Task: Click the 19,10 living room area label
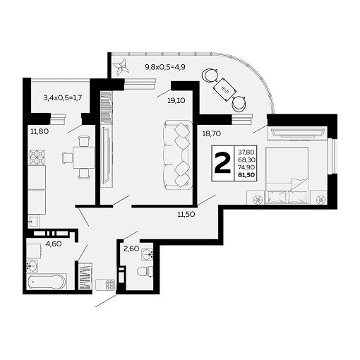coord(176,101)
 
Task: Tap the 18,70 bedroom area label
coord(212,134)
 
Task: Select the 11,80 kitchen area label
coord(40,131)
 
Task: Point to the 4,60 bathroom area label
coord(54,244)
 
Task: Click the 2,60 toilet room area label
coord(131,248)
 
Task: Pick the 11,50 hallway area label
coord(186,215)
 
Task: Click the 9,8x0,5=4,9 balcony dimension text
coord(165,67)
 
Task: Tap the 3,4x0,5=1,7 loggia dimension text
coord(63,97)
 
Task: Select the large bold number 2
coord(222,163)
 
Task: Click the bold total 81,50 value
coord(246,175)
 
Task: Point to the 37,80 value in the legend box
coord(246,152)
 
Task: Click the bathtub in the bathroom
coord(47,282)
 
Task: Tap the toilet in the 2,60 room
coord(145,271)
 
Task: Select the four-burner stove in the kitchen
coord(37,157)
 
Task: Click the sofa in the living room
coord(177,155)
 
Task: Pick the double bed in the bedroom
coord(287,175)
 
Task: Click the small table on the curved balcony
coord(224,90)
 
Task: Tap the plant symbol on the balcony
coord(121,67)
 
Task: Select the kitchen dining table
coord(84,157)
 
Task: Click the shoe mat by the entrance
coord(105,284)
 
